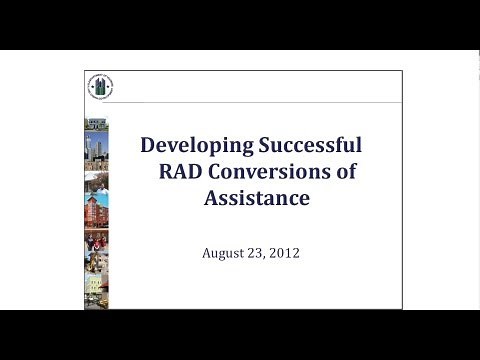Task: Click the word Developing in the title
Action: click(x=192, y=144)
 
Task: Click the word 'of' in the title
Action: click(x=346, y=171)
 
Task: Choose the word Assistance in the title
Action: click(x=257, y=198)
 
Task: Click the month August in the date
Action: click(x=225, y=253)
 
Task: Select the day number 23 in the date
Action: click(x=259, y=253)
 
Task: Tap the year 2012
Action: click(x=285, y=253)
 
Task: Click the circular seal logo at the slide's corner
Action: click(x=101, y=87)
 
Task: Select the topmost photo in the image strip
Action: click(x=97, y=124)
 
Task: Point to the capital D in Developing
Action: click(x=148, y=144)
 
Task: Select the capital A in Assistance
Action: click(x=211, y=198)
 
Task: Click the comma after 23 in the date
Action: click(x=267, y=256)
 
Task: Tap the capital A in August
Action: click(x=207, y=253)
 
